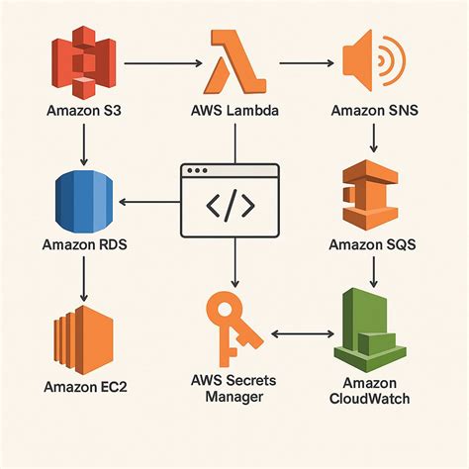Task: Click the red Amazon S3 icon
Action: coord(84,65)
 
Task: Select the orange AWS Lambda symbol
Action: coord(234,65)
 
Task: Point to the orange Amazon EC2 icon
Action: coord(84,333)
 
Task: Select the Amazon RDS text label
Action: coord(83,242)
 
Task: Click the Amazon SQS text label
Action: coord(374,242)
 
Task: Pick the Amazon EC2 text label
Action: coord(83,385)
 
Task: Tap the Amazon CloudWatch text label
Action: coord(373,392)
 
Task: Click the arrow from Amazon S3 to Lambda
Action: coord(161,65)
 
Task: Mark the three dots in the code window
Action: coord(199,172)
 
